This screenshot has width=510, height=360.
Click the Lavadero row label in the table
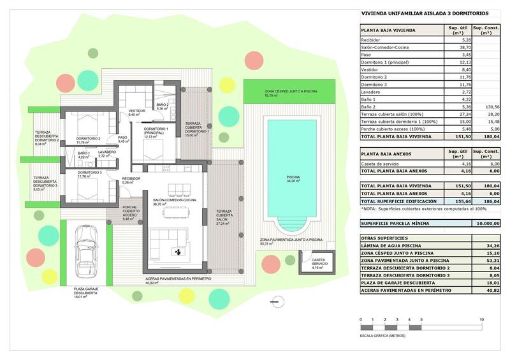coord(372,92)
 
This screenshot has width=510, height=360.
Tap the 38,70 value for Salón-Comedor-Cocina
coord(465,47)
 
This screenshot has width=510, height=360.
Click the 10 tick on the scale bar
coord(481,319)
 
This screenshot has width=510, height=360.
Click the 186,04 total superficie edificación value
coord(490,200)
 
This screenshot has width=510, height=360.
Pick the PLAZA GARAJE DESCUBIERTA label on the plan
coord(81,292)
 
